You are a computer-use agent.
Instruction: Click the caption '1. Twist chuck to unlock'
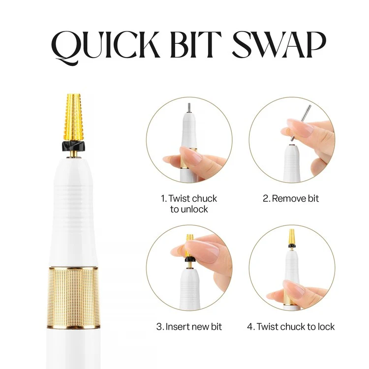188,204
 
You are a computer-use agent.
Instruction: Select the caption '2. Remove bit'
290,199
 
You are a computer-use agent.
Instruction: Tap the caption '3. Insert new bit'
189,327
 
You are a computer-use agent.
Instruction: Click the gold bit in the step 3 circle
189,244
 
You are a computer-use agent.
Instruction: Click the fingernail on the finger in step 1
192,156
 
